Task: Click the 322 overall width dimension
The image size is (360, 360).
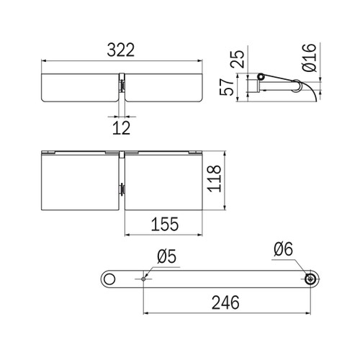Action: (121, 50)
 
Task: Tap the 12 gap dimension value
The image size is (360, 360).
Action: (122, 128)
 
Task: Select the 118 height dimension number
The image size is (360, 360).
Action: (214, 179)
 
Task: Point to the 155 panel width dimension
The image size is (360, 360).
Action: (165, 224)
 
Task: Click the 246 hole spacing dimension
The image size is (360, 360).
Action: (225, 302)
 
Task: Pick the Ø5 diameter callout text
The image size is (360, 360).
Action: (166, 256)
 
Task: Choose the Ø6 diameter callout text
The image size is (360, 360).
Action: (283, 249)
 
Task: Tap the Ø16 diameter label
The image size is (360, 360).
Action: (310, 58)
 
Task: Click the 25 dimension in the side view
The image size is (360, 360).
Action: (237, 59)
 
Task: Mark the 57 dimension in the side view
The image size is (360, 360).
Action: (227, 87)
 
